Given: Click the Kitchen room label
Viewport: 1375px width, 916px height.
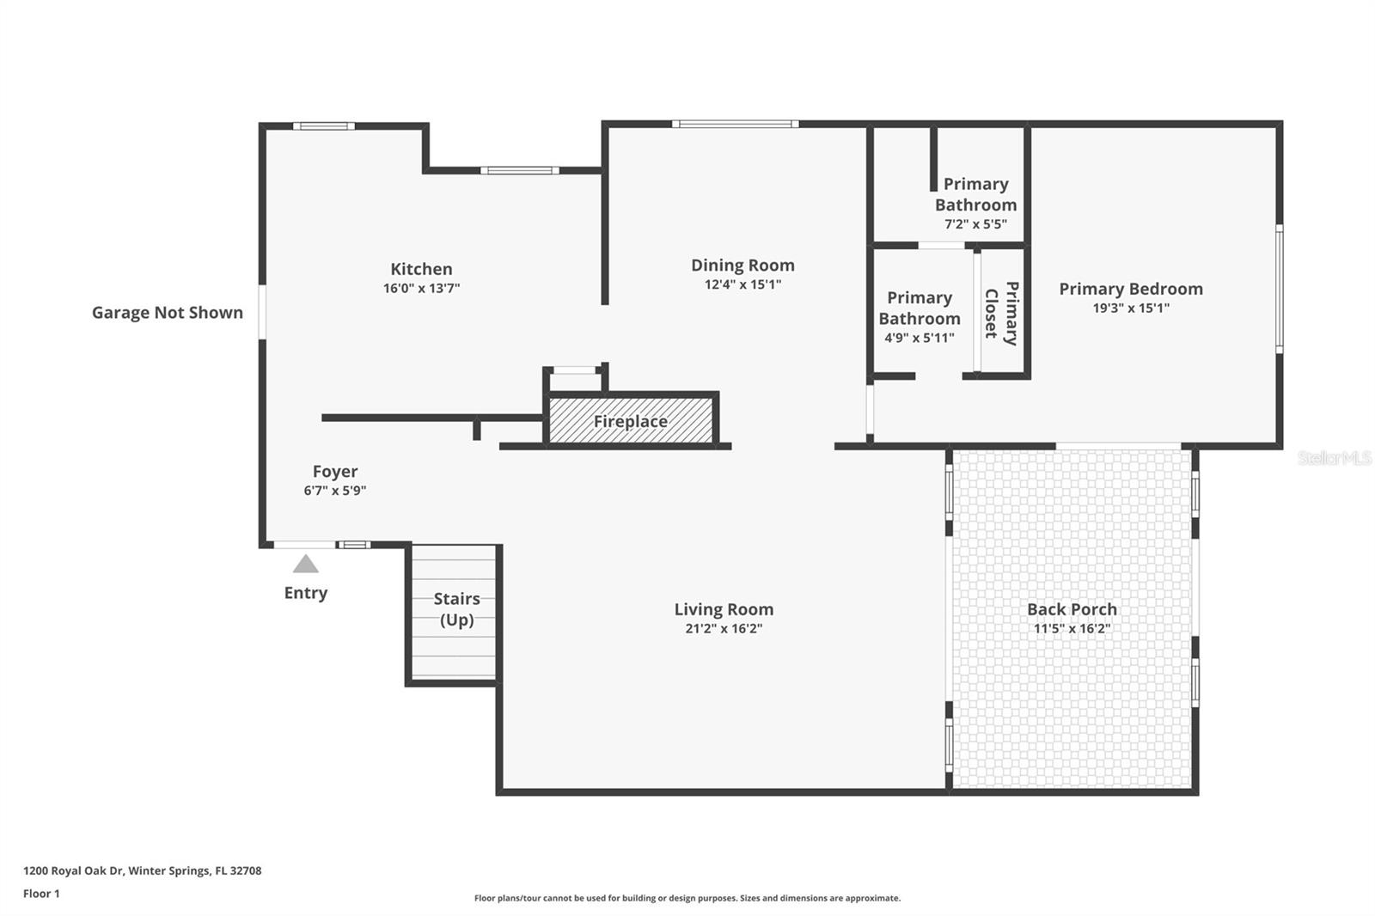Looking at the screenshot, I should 421,269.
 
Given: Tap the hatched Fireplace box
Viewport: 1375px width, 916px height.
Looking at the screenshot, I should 631,421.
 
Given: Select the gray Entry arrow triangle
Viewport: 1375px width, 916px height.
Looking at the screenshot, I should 305,565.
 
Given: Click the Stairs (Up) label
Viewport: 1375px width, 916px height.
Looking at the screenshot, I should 456,608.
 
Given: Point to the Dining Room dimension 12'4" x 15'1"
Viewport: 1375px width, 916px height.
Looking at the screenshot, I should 742,284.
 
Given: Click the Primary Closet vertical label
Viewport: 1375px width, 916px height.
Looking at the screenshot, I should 1001,313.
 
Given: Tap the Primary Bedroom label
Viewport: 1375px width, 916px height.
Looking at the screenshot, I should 1130,289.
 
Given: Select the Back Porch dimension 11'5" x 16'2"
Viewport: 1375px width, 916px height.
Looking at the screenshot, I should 1072,628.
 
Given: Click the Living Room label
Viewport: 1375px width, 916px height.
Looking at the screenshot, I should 724,609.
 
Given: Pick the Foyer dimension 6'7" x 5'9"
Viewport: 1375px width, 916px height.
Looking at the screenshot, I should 335,491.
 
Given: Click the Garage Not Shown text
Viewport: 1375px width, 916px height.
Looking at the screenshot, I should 168,313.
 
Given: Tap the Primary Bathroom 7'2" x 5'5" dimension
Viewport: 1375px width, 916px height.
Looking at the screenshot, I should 975,224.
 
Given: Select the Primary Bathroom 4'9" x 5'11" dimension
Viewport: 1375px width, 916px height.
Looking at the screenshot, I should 920,338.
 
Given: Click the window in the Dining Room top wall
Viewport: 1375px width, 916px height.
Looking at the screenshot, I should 735,125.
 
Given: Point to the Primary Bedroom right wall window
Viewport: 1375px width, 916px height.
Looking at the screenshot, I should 1279,288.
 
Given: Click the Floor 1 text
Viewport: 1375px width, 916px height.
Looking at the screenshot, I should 41,894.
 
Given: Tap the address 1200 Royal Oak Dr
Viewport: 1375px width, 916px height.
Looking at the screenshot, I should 142,870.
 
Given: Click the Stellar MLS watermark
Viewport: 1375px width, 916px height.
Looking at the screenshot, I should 1334,459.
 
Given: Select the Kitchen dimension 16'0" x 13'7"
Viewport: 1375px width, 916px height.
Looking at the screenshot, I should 421,289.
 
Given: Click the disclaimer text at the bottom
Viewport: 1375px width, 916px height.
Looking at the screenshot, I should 687,898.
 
